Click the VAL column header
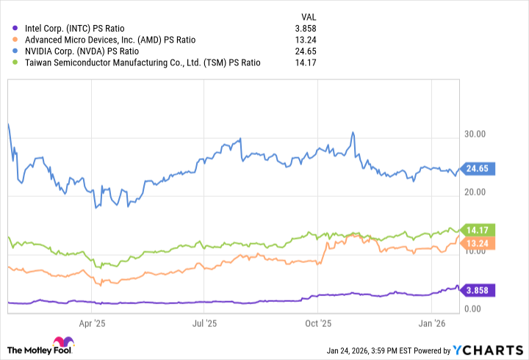tap(310, 16)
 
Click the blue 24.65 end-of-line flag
tap(478, 169)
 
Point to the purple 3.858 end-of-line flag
tap(478, 289)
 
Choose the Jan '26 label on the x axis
tap(431, 322)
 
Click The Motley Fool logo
tap(40, 346)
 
